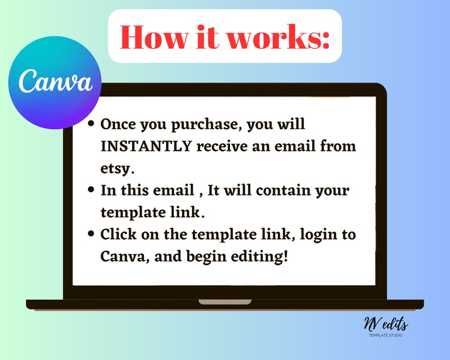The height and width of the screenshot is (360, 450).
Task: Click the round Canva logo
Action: click(54, 82)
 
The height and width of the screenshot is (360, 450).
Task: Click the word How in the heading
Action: click(154, 37)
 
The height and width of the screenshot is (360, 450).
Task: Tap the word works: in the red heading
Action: click(279, 37)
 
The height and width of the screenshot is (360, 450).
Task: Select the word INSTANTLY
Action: click(146, 146)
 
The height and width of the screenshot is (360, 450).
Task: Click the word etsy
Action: click(117, 169)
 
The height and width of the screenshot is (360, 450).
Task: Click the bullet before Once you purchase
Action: click(91, 124)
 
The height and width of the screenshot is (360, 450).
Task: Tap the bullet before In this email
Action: click(91, 189)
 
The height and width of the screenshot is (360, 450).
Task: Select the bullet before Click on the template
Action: click(91, 234)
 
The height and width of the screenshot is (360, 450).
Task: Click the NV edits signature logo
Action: click(386, 324)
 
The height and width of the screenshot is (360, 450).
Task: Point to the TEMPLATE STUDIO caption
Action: click(386, 335)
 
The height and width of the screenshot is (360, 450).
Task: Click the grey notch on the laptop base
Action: click(225, 302)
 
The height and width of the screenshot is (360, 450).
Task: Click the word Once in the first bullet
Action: click(118, 124)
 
